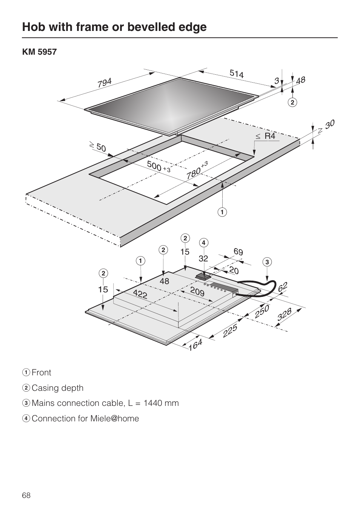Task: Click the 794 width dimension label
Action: click(x=105, y=83)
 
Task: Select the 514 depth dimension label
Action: click(x=237, y=74)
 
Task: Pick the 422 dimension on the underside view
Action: click(x=140, y=294)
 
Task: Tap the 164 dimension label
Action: click(x=195, y=344)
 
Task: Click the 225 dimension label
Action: click(x=230, y=330)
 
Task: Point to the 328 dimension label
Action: click(x=285, y=314)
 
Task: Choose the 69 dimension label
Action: click(x=238, y=252)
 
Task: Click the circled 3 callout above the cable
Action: click(x=267, y=262)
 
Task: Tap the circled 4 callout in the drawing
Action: click(x=203, y=243)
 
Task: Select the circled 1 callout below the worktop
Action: click(x=222, y=212)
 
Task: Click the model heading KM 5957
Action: click(x=39, y=52)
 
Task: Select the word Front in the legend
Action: click(x=42, y=373)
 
